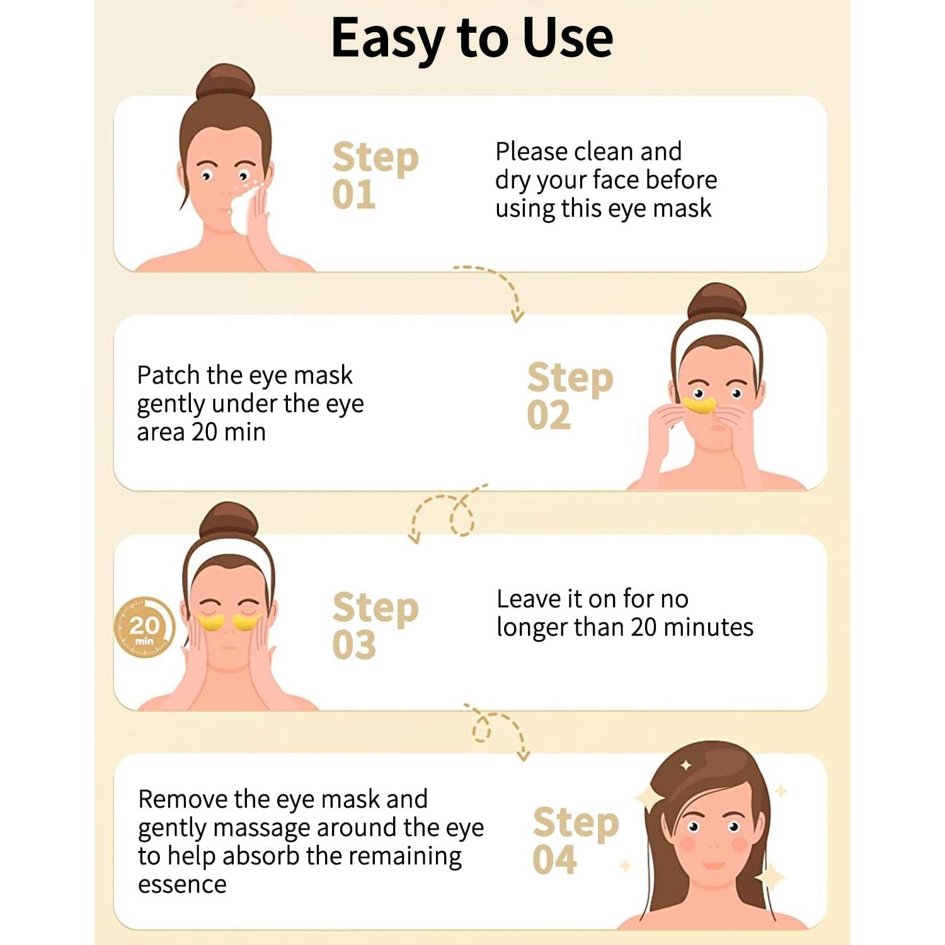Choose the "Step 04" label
(x=576, y=840)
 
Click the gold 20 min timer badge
(x=144, y=627)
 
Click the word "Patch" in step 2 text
(x=168, y=375)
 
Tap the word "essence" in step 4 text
(x=182, y=885)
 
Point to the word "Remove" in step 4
(x=183, y=799)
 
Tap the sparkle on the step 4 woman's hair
(x=685, y=765)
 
